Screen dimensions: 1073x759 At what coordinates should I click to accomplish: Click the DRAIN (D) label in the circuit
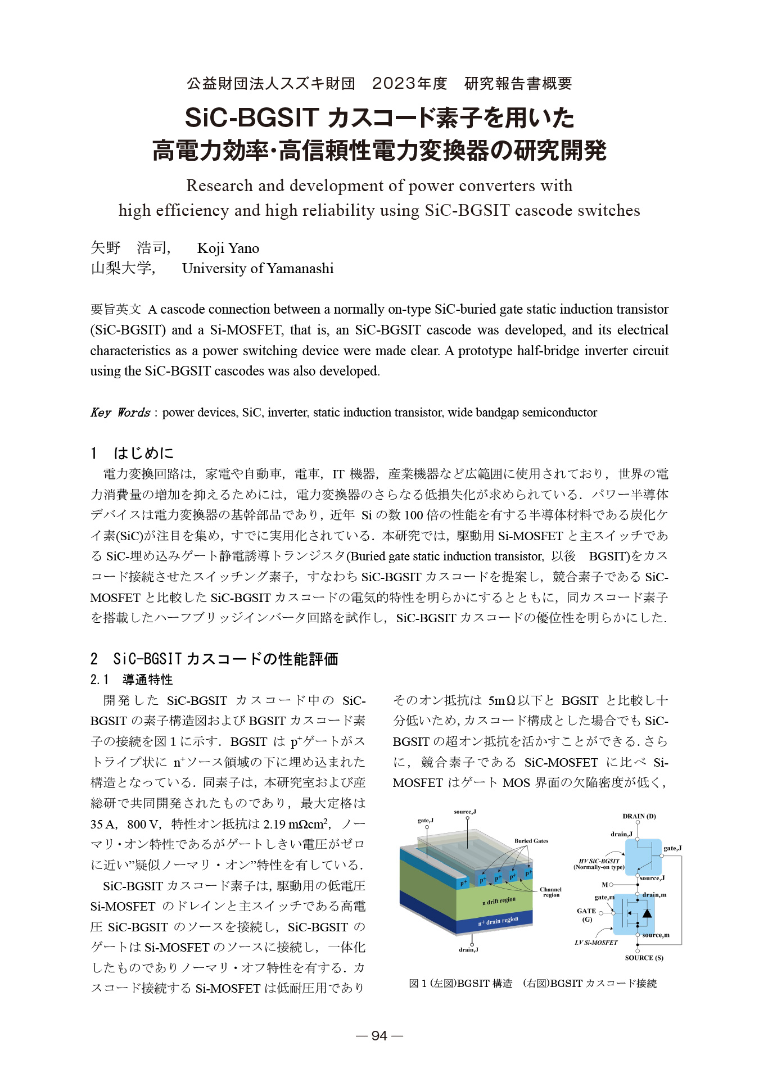pos(639,816)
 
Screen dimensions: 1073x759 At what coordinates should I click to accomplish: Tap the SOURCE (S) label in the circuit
pos(644,958)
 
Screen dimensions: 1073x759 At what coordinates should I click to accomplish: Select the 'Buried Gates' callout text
pos(531,841)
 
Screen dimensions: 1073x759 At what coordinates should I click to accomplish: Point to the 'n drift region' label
pos(499,900)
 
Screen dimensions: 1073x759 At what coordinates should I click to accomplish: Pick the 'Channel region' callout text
pos(550,892)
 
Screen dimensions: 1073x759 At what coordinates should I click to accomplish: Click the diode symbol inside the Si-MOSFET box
pos(647,913)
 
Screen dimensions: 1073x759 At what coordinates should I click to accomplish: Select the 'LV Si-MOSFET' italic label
pos(596,943)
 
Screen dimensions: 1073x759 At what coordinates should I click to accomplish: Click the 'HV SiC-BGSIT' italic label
pos(599,861)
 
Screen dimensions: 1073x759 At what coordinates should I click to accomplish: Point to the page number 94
pos(379,1036)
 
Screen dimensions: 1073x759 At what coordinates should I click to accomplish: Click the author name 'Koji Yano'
pos(228,248)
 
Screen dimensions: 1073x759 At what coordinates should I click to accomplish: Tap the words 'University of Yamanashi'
pos(257,269)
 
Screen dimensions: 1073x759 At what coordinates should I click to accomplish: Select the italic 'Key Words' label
pos(120,413)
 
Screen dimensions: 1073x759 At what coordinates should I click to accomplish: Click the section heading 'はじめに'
pos(143,453)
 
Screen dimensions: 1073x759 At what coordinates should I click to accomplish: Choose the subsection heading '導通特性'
pos(147,680)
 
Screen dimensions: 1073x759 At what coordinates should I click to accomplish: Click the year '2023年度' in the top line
pos(409,84)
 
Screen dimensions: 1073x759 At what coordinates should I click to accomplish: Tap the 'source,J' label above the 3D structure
pos(465,812)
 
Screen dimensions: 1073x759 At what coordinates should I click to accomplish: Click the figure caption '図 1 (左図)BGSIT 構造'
pos(460,984)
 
